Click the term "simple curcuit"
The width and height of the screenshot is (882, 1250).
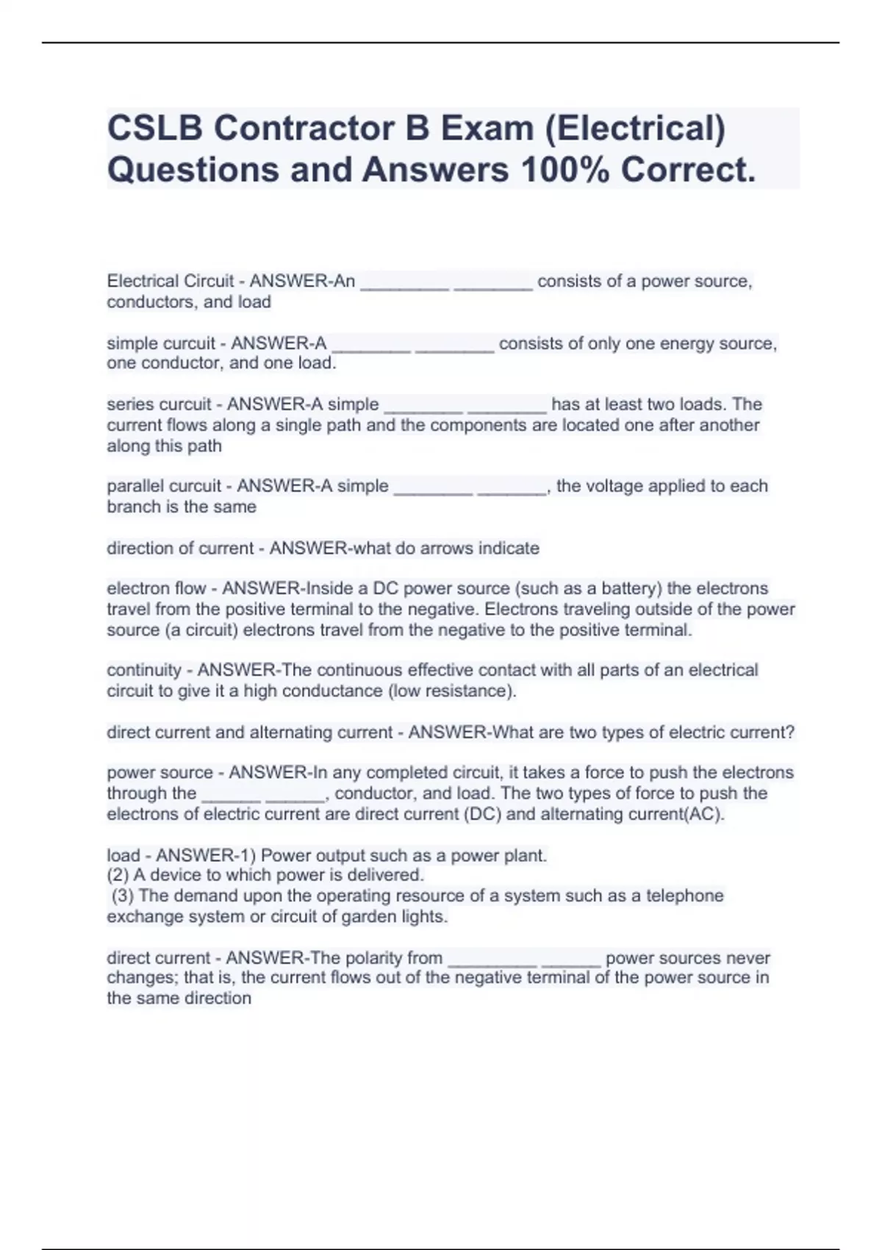pyautogui.click(x=161, y=343)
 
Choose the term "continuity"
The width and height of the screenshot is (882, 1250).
pyautogui.click(x=144, y=670)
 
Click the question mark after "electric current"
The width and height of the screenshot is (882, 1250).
pyautogui.click(x=790, y=732)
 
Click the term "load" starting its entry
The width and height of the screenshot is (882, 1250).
pyautogui.click(x=123, y=855)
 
